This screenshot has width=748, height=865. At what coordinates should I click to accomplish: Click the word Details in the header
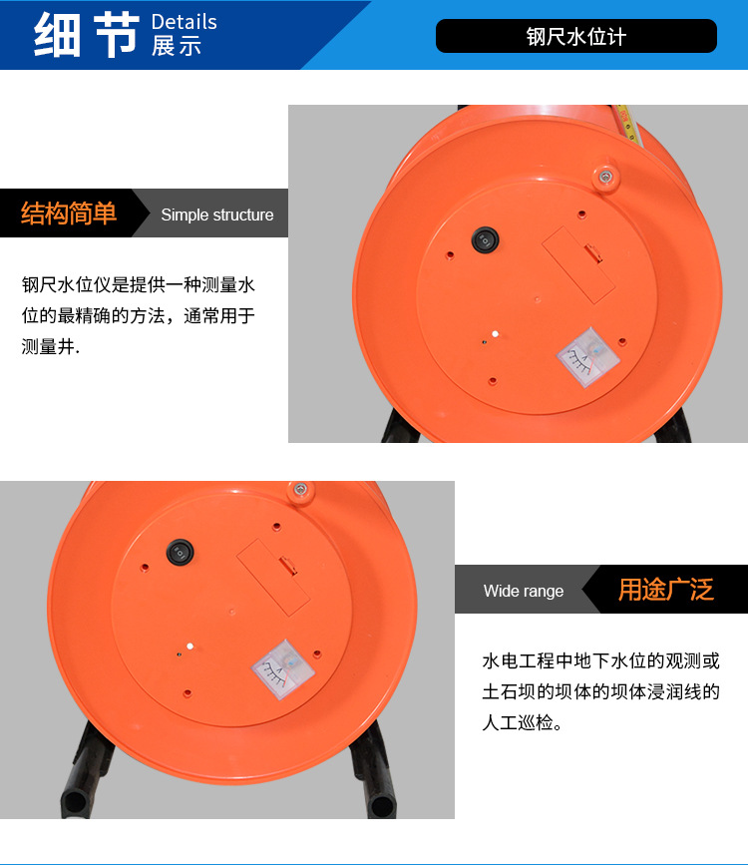pos(184,22)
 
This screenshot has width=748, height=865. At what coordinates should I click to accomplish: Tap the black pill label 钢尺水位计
pos(575,36)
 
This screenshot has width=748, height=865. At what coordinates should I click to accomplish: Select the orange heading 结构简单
pos(69,213)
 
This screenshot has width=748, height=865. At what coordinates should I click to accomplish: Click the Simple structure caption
pos(216,215)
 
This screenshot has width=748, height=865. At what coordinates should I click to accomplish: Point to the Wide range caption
pos(524,591)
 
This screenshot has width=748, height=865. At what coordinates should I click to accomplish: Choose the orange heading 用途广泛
pos(666,590)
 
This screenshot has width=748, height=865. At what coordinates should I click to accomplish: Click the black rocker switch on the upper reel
pos(485,240)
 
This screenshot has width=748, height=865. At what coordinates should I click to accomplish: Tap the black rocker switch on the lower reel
pos(180,552)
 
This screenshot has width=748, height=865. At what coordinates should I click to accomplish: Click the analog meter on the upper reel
pos(588,357)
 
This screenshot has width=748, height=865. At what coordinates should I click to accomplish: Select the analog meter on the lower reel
pos(283,669)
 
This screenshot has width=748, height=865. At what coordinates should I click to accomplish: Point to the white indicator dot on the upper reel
pos(496,334)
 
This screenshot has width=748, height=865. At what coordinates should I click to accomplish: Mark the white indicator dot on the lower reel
pos(189,646)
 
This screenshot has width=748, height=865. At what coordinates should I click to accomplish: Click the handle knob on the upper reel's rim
pos(605,178)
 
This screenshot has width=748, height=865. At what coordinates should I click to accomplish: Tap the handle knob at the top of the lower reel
pos(301,491)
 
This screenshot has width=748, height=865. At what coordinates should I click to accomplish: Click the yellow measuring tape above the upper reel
pos(627,124)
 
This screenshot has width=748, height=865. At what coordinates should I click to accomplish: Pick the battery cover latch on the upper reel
pos(593,253)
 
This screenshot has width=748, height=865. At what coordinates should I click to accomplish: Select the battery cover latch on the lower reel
pos(287,566)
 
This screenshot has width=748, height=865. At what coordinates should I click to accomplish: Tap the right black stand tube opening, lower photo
pos(382,806)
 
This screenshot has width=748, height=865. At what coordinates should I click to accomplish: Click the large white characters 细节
pos(87,34)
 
